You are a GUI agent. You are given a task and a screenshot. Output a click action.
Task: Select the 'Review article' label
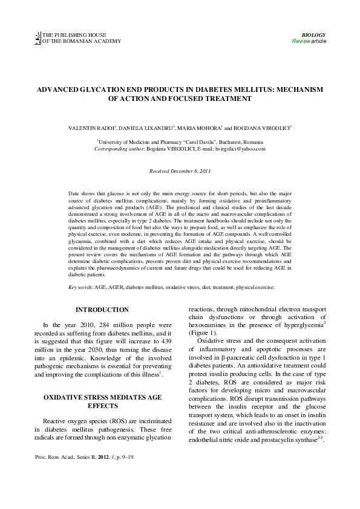click(309, 41)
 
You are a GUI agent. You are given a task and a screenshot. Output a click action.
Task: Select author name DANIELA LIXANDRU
click(149, 129)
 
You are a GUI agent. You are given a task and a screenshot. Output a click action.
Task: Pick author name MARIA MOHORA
click(204, 129)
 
